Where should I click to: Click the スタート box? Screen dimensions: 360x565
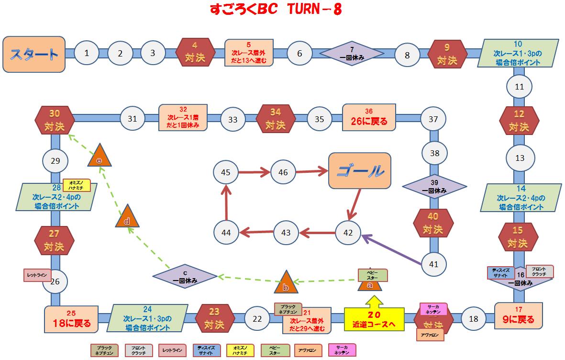[x=34, y=54]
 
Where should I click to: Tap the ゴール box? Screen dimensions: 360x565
[x=359, y=170]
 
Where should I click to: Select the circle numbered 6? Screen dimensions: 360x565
[x=299, y=53]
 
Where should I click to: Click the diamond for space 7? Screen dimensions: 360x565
[x=352, y=53]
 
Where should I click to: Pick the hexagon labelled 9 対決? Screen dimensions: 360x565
[x=447, y=53]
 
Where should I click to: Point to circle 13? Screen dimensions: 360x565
[x=519, y=158]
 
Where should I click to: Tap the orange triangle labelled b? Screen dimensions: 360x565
[x=286, y=284]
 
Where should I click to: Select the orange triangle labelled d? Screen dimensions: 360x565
[x=128, y=218]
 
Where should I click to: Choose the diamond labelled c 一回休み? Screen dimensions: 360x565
[x=185, y=277]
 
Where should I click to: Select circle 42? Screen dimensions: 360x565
[x=348, y=233]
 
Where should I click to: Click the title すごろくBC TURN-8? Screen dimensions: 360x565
[x=276, y=10]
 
